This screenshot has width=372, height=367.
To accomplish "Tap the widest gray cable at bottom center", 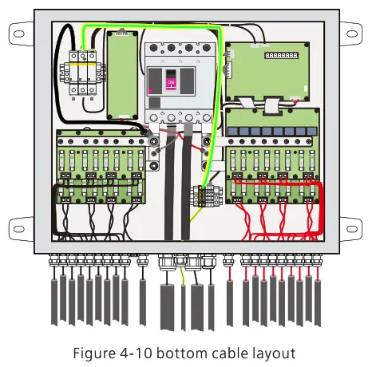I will point(169,307).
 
